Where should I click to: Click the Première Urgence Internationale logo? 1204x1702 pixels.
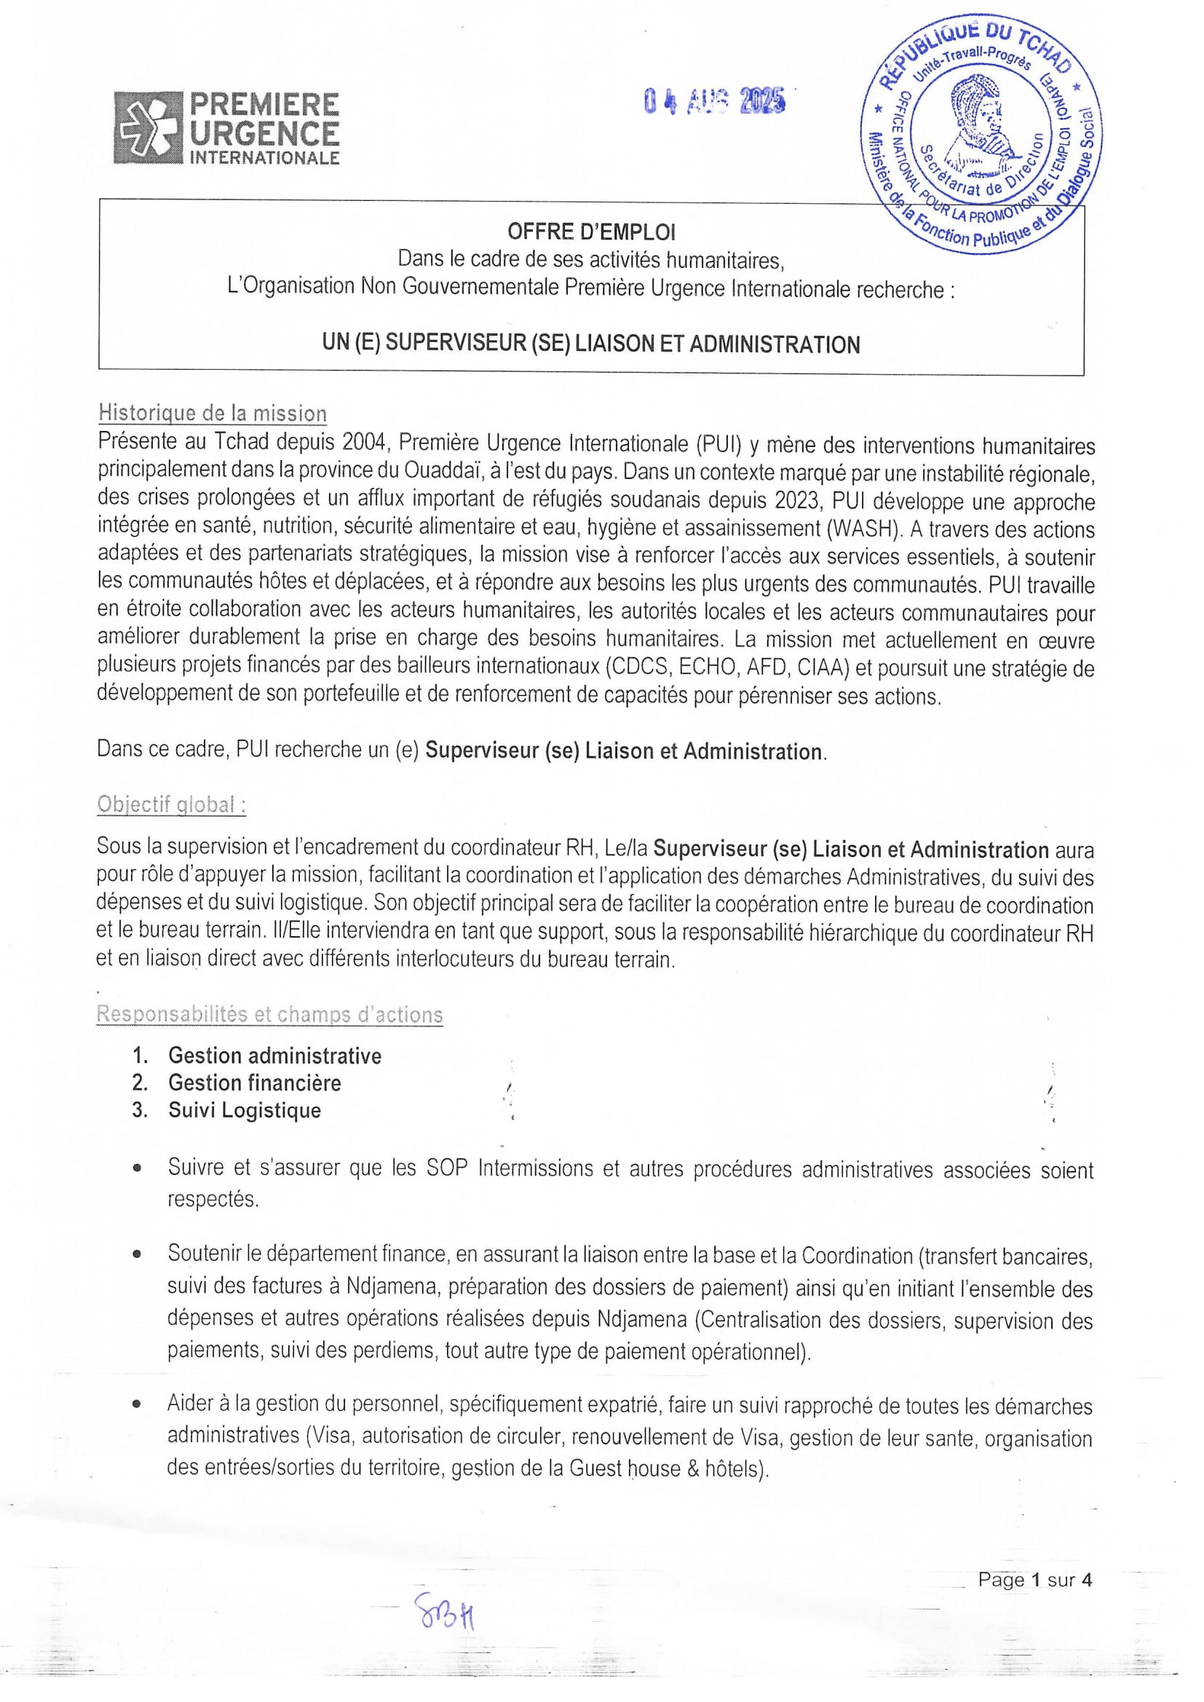point(226,127)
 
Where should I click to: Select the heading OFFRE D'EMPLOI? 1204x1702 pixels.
point(591,232)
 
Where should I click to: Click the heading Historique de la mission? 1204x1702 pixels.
point(212,413)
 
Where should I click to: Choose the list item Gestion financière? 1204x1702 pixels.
point(254,1083)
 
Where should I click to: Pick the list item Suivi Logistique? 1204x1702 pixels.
point(244,1110)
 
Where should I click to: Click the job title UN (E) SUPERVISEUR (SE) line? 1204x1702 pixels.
point(591,345)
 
